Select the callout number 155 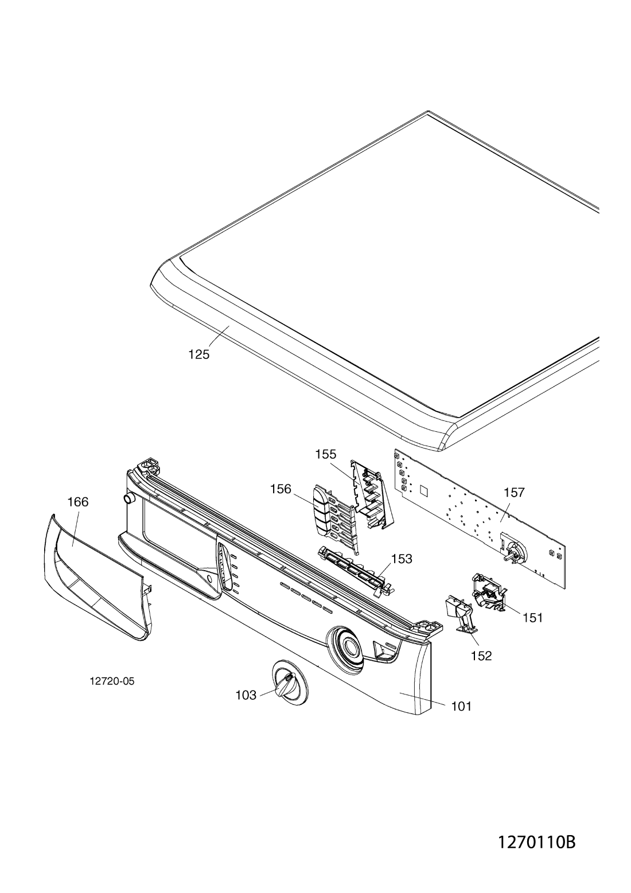325,455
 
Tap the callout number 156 282,489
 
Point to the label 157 515,493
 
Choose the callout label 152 482,656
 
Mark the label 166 77,502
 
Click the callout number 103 246,695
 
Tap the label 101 461,706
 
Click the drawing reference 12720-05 112,681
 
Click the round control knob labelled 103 287,683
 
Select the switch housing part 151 489,591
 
